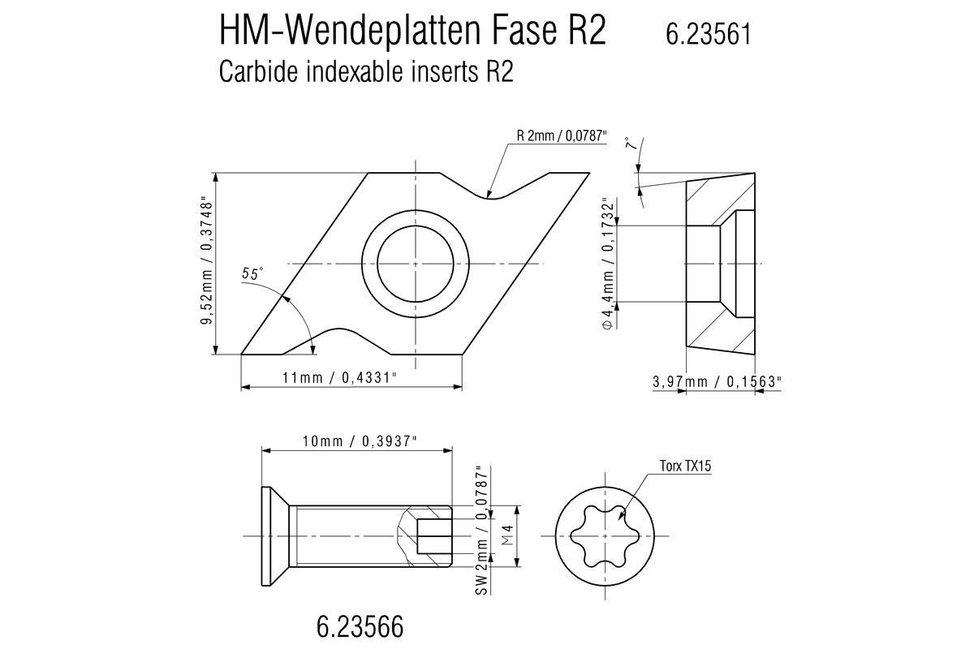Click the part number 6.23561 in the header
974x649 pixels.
click(x=708, y=34)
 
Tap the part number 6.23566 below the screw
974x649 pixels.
click(x=360, y=627)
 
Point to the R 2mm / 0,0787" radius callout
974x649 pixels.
click(x=562, y=135)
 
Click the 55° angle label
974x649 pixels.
click(x=252, y=273)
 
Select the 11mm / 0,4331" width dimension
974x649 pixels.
click(x=339, y=377)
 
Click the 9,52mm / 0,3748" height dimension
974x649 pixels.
click(x=206, y=263)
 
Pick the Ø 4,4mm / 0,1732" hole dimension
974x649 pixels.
click(x=608, y=264)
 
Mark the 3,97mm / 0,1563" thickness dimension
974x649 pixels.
click(x=717, y=381)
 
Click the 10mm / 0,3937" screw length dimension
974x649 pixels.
click(x=360, y=441)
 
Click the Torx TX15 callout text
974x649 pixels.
click(x=685, y=466)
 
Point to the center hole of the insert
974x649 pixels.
click(x=416, y=264)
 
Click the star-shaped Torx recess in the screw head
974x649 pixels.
click(x=605, y=536)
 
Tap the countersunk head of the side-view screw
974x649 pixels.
click(x=275, y=536)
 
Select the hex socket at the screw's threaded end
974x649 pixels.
click(x=434, y=536)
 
